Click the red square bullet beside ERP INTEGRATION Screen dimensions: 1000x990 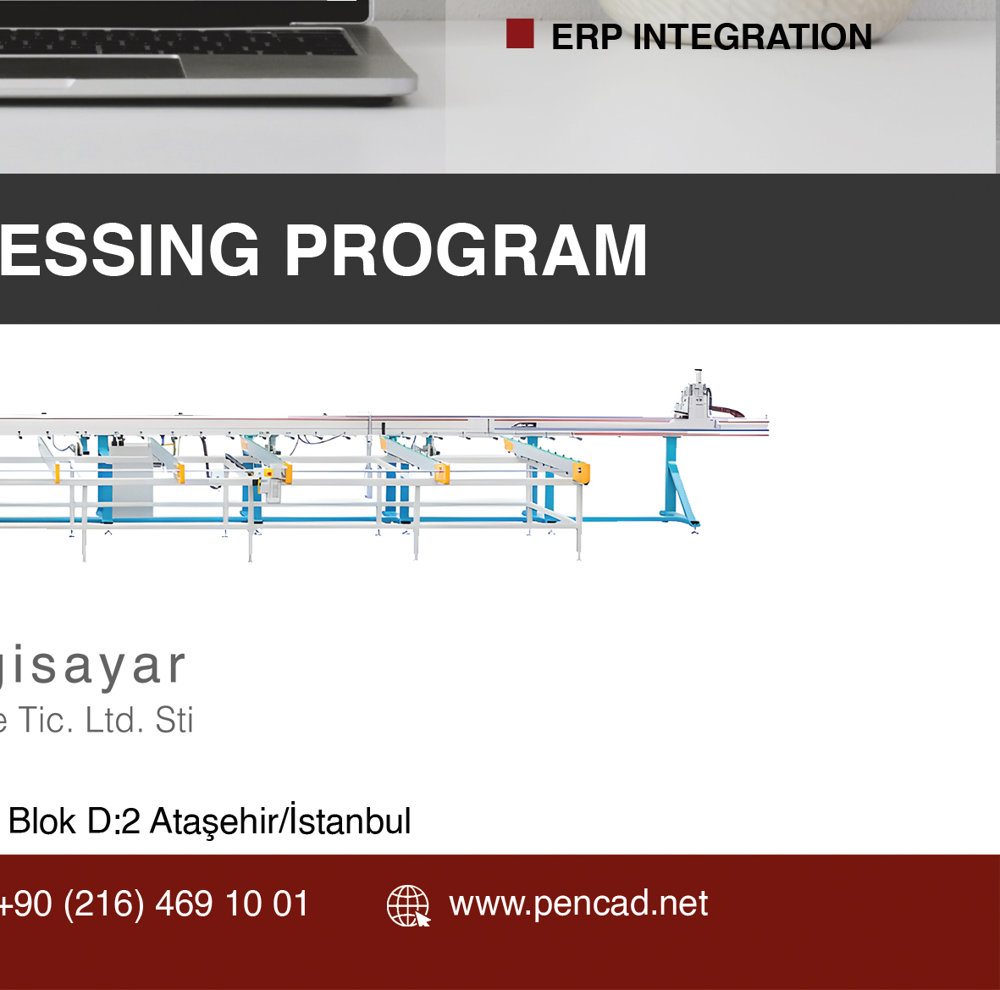[x=520, y=34]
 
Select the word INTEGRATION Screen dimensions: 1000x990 [x=753, y=37]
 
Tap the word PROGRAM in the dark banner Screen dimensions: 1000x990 [x=467, y=251]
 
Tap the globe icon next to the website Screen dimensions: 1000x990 [x=408, y=906]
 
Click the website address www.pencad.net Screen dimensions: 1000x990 [x=578, y=904]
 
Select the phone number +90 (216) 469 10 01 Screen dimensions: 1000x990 [x=154, y=904]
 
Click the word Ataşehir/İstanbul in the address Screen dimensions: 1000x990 [x=280, y=821]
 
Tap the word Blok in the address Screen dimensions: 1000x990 [x=42, y=821]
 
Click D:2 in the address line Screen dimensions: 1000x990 [x=113, y=821]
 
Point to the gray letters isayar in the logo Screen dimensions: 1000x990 [x=92, y=666]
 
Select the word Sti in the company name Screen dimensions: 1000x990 [x=174, y=721]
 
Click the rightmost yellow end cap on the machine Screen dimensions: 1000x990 [x=581, y=473]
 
